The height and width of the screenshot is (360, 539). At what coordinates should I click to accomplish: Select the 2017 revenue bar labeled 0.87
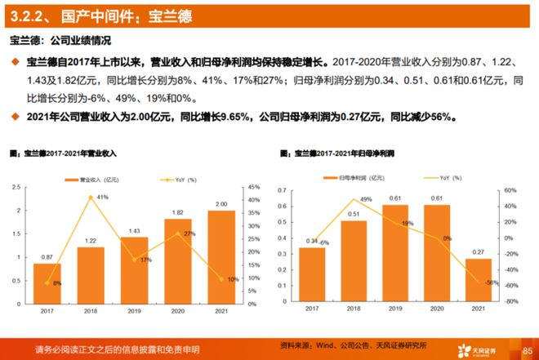(x=47, y=282)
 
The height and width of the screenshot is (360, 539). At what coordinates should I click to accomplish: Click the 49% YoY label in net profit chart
(x=367, y=199)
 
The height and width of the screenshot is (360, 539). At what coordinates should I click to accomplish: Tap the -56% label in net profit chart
(x=491, y=282)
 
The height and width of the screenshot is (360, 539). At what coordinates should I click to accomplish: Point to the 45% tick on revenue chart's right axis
(x=255, y=188)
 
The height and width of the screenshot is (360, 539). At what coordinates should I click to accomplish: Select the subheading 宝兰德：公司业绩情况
(x=60, y=40)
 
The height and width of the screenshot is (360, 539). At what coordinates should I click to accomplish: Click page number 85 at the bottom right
(x=526, y=350)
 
